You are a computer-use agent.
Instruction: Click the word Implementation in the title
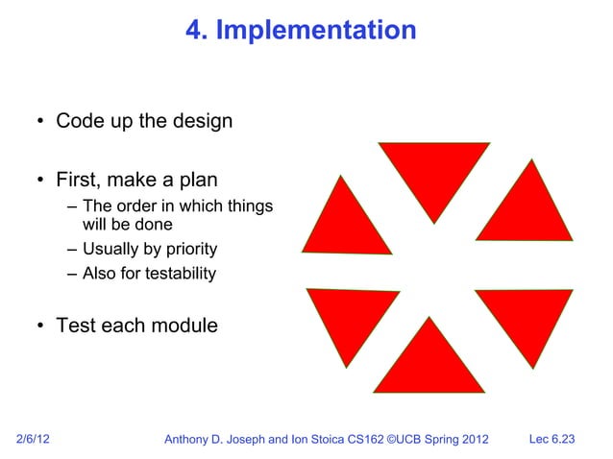tap(316, 31)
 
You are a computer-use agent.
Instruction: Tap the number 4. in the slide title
tap(197, 31)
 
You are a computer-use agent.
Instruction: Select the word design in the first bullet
tap(201, 122)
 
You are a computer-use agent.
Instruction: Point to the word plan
tap(198, 181)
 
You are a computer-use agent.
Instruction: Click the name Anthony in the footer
tap(192, 440)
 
